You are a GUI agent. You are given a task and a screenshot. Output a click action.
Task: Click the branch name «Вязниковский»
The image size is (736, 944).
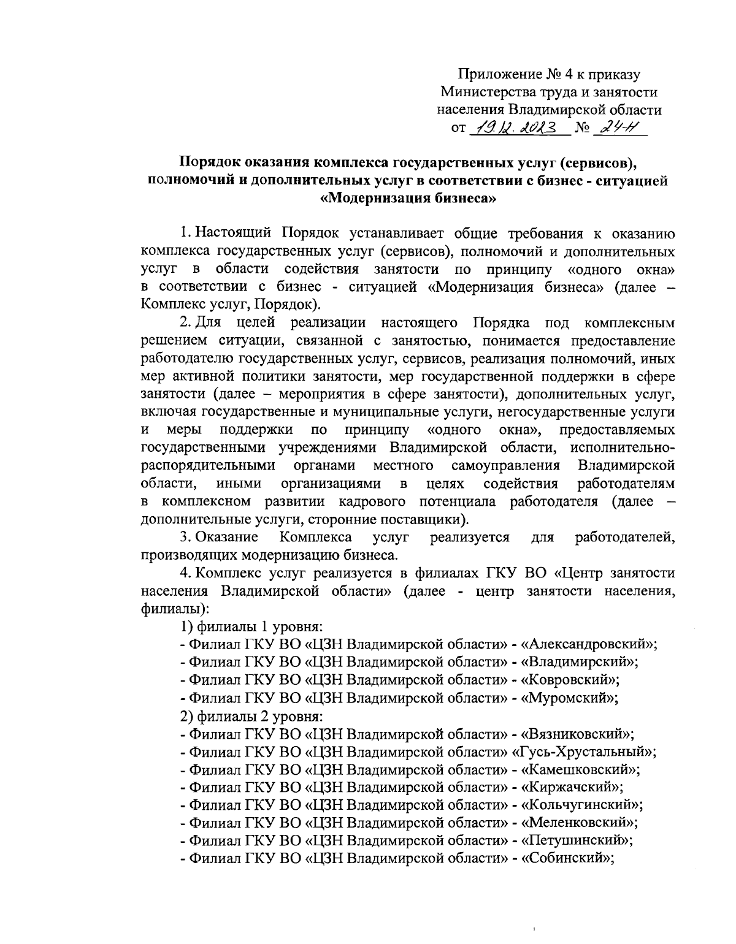(577, 733)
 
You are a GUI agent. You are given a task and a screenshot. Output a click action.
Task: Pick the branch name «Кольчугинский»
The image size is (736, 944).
(581, 804)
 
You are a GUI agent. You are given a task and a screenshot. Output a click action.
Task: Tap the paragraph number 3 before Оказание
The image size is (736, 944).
(183, 538)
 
